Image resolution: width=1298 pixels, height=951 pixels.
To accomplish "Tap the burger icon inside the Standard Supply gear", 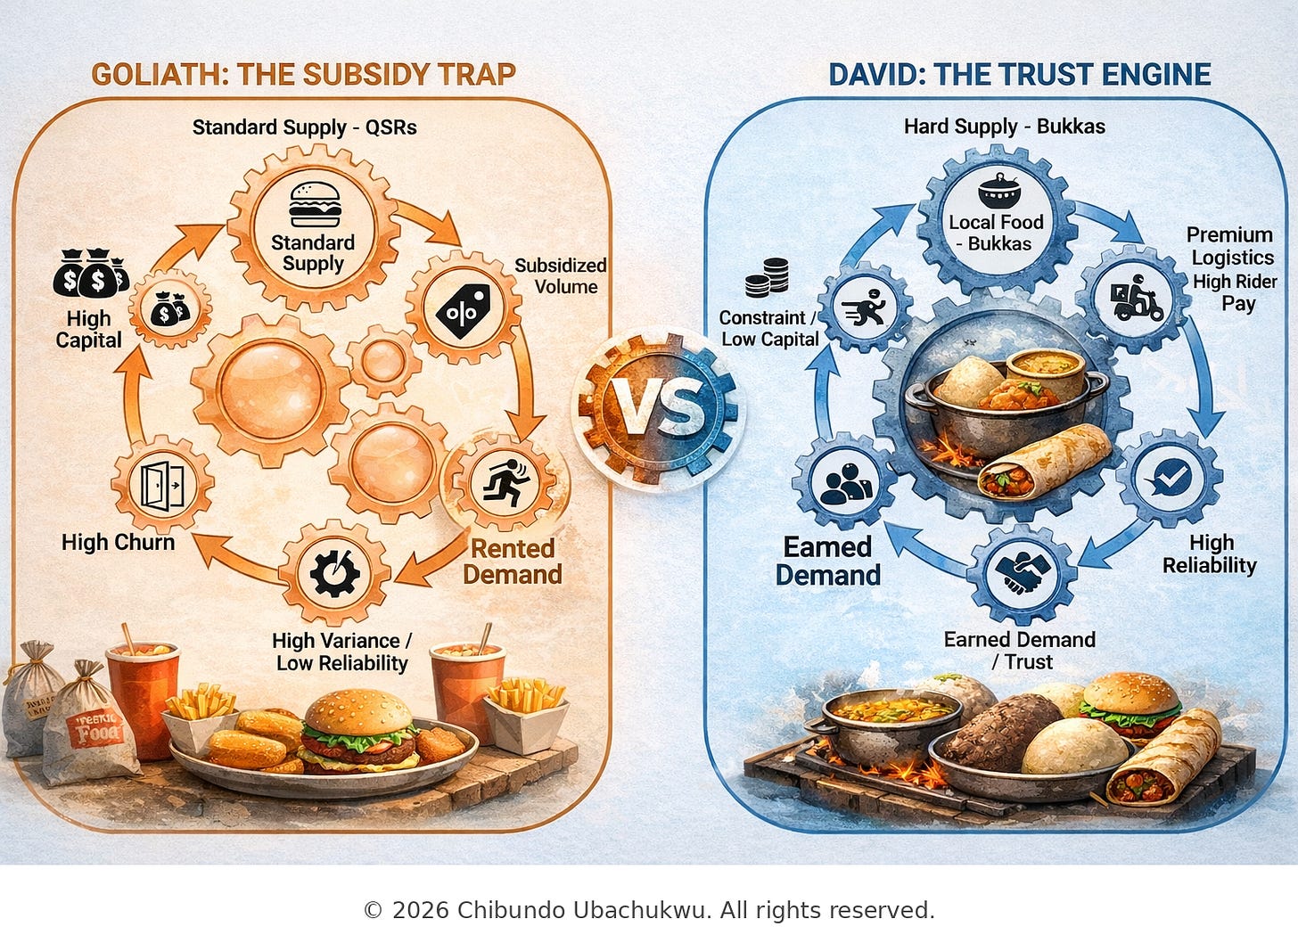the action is [315, 203].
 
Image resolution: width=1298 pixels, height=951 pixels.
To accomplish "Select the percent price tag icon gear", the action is [463, 309].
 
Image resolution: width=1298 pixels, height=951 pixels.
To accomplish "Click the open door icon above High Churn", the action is [162, 486].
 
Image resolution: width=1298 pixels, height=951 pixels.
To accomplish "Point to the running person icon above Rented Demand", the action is [505, 484].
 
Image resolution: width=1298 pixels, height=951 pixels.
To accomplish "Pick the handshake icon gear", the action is [1020, 574].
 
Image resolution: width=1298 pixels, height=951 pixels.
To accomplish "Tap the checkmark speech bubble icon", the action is [1169, 479].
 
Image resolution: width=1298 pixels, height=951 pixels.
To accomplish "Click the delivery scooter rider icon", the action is [1132, 299].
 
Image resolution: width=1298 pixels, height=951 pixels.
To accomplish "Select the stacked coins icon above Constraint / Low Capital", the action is [767, 278].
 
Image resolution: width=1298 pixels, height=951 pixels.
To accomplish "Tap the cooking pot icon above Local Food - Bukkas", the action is [996, 190].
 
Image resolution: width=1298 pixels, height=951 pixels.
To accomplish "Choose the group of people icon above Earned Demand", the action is [845, 484].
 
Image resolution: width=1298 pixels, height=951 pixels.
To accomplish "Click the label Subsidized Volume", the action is [561, 276].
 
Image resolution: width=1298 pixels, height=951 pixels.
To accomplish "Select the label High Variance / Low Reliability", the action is [342, 652].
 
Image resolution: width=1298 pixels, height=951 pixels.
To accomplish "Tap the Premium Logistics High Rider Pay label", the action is [1234, 268].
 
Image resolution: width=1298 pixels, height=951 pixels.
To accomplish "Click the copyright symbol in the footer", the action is [373, 911].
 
